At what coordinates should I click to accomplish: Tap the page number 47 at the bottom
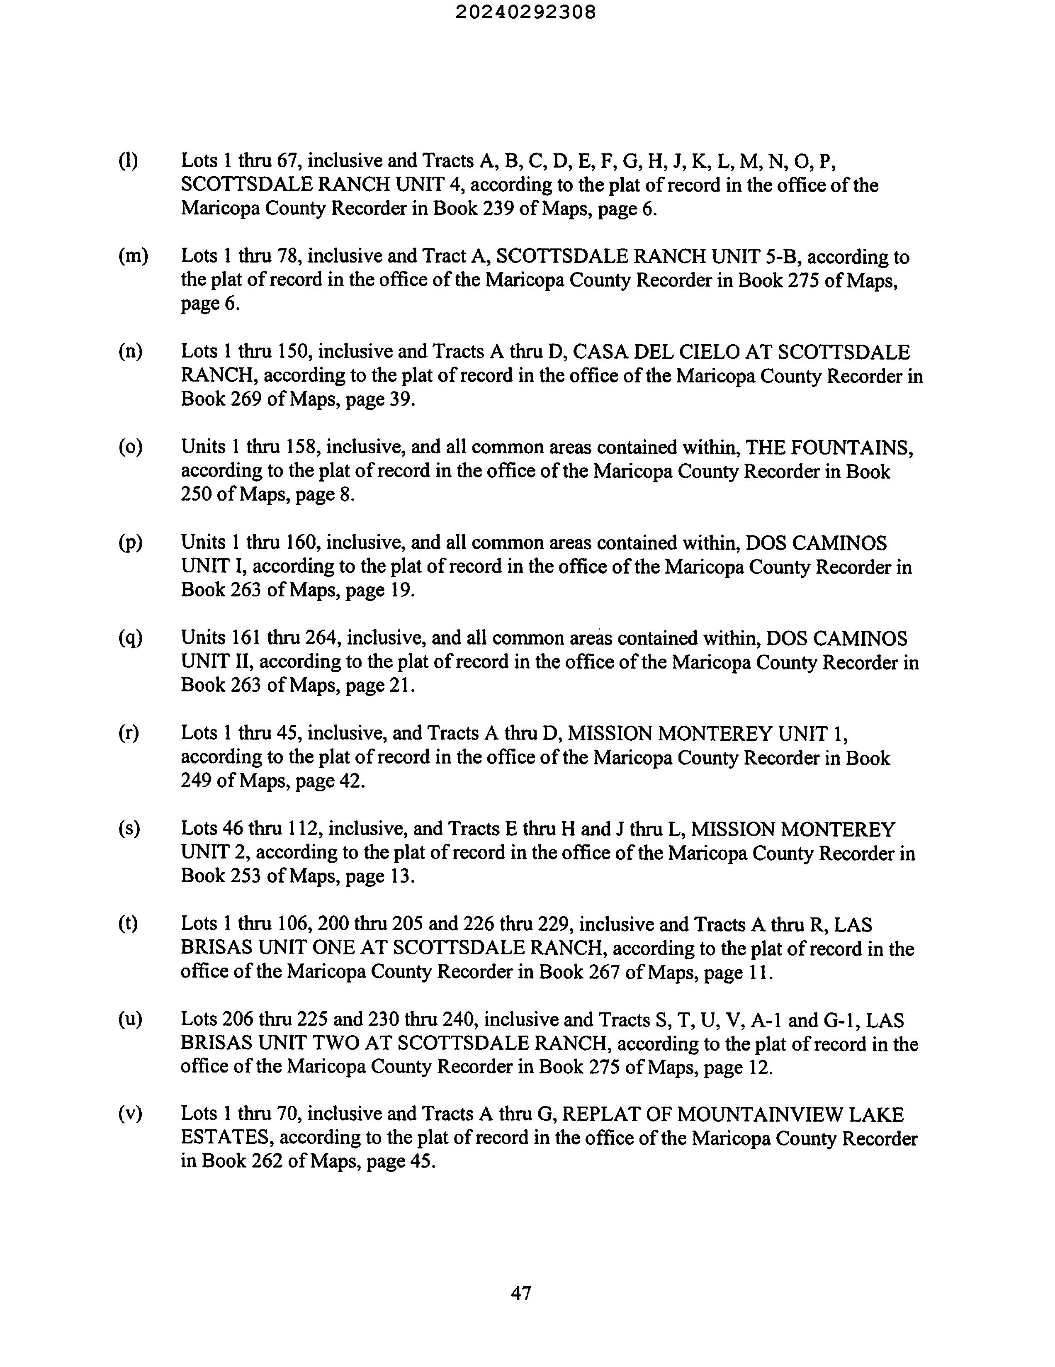(x=521, y=1293)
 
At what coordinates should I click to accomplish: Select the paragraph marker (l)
(x=128, y=161)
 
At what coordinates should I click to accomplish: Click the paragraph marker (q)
(x=130, y=638)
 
